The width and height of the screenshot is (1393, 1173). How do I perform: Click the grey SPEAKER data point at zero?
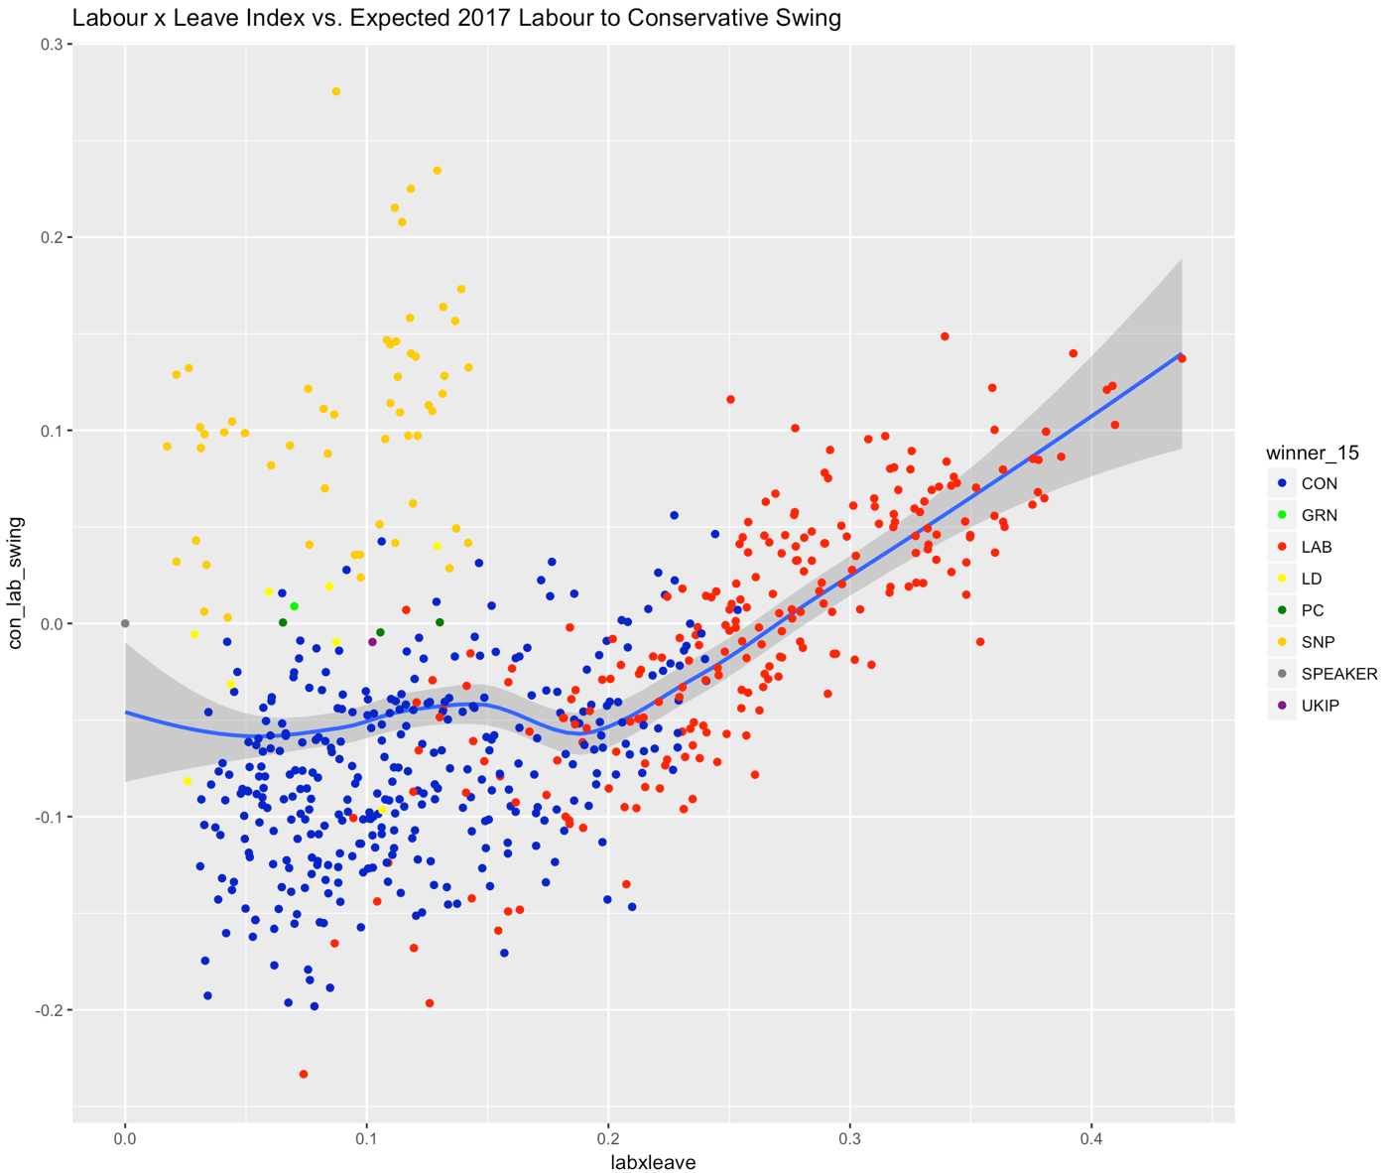[125, 623]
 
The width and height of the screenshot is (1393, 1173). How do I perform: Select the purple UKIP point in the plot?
[372, 642]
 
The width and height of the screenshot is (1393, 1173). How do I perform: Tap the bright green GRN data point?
[294, 606]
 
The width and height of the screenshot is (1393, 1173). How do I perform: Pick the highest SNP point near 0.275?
[335, 91]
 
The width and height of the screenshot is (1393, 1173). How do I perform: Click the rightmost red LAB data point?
[1182, 358]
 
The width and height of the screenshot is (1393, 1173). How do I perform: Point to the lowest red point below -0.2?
[304, 1074]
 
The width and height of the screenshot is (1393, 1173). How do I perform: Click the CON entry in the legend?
[1319, 483]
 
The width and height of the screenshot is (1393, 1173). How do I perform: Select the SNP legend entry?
[1318, 642]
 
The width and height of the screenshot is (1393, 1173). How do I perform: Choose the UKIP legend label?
[1320, 706]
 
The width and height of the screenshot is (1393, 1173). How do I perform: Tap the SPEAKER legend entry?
[1338, 674]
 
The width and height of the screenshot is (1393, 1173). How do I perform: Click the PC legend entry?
[1312, 610]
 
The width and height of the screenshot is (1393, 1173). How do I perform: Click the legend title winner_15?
[1312, 454]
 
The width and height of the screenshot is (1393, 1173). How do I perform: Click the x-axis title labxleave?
[653, 1162]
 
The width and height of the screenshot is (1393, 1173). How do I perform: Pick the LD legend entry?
[1311, 579]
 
